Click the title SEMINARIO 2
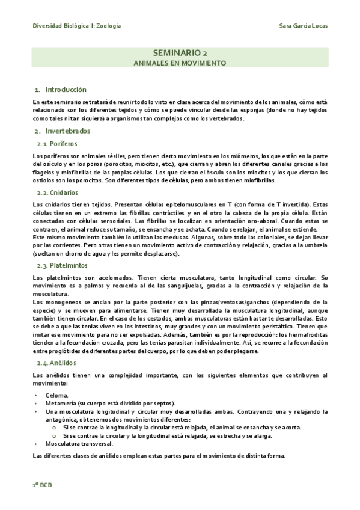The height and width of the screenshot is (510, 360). [180, 53]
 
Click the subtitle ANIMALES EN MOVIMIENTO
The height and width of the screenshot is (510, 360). [180, 63]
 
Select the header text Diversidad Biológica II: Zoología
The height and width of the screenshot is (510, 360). [76, 26]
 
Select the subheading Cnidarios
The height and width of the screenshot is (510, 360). [65, 193]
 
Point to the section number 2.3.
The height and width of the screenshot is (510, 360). [43, 265]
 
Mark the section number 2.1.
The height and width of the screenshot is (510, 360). [43, 144]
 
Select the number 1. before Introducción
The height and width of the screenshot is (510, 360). [37, 89]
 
